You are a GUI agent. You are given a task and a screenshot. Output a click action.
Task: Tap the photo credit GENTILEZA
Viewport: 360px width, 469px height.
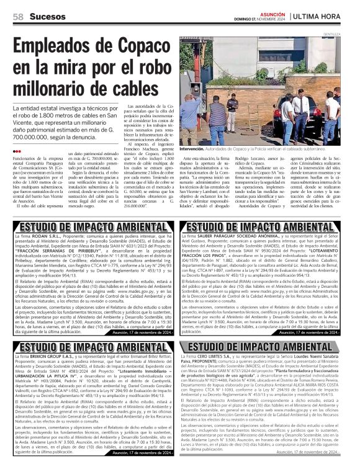click(x=349, y=34)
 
